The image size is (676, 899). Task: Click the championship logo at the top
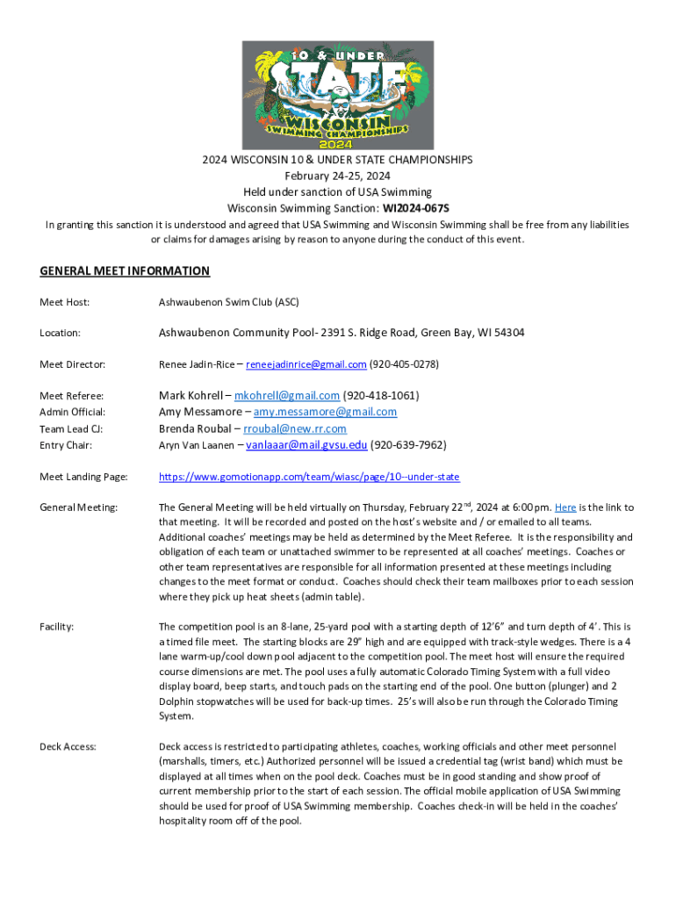coord(337,95)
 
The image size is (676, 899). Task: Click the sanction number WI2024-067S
coord(415,208)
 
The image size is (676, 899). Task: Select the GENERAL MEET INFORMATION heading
coord(125,271)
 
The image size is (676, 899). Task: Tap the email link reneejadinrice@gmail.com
coord(306,364)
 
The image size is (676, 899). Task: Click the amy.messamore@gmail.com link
coord(327,412)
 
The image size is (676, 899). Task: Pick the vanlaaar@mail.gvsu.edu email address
coord(306,445)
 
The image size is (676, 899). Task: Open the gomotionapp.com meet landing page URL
coord(309,477)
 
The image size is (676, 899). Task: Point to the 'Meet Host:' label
coord(65,303)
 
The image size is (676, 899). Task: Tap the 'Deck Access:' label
coord(68,746)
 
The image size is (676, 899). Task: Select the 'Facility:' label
coord(57,627)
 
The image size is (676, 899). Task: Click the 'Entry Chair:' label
coord(67,445)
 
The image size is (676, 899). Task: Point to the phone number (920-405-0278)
coord(404,364)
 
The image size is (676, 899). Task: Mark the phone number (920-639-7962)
coord(408,445)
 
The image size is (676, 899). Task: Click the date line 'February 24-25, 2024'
coord(337,176)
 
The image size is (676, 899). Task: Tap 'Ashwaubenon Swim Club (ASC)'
coord(228,303)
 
